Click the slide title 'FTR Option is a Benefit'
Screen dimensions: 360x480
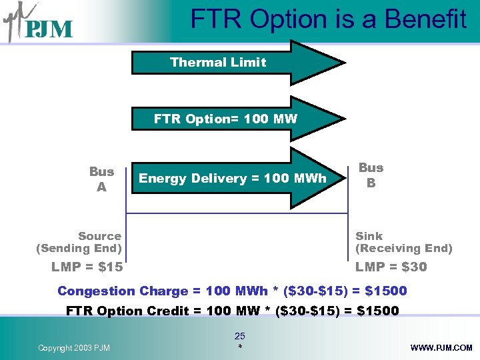pos(328,19)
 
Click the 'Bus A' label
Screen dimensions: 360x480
pos(101,179)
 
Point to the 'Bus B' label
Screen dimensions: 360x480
pos(371,175)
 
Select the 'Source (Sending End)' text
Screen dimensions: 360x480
pos(79,242)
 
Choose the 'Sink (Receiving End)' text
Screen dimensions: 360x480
pos(403,242)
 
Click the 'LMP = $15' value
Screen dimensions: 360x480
pos(87,267)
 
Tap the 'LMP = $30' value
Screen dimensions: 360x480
pos(391,267)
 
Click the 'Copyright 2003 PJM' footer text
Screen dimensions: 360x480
pos(75,348)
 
